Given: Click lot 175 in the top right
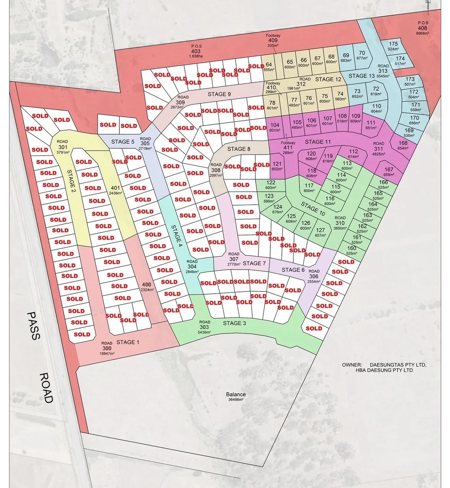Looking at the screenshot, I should [393, 46].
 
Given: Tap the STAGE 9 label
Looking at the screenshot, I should [220, 94].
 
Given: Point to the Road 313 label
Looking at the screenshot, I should [383, 70].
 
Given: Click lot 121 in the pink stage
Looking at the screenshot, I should [277, 166].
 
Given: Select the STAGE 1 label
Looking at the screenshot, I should [128, 342].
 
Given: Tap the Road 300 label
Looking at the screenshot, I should [107, 348].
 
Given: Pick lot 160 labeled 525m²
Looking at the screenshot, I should [351, 250].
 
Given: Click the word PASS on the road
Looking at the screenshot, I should [33, 326].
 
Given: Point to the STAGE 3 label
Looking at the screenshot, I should [234, 323].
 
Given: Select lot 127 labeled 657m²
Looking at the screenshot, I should [320, 232].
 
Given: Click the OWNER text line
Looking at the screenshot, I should [384, 365].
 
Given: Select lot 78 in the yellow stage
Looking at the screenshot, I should [272, 105].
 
